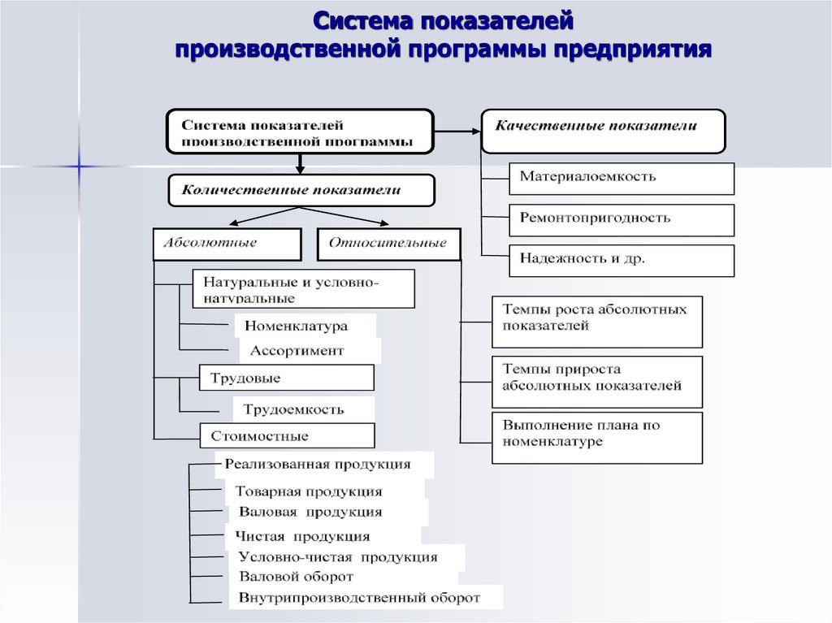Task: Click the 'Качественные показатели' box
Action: pos(602,131)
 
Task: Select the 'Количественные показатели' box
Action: pos(301,190)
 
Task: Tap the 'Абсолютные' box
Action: pos(226,244)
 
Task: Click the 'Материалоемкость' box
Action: pos(622,177)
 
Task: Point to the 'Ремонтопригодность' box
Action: pos(622,219)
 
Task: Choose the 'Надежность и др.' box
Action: pos(622,261)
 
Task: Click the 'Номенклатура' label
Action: pos(305,327)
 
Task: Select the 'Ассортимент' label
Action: pos(309,351)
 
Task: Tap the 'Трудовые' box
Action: pos(286,378)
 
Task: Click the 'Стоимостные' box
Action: pos(286,436)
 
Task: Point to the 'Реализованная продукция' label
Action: pos(323,465)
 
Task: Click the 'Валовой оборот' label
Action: pos(297,577)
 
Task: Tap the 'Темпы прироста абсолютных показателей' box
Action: pos(596,379)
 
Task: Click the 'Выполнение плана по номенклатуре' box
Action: pos(596,436)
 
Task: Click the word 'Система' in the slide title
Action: pos(366,19)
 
